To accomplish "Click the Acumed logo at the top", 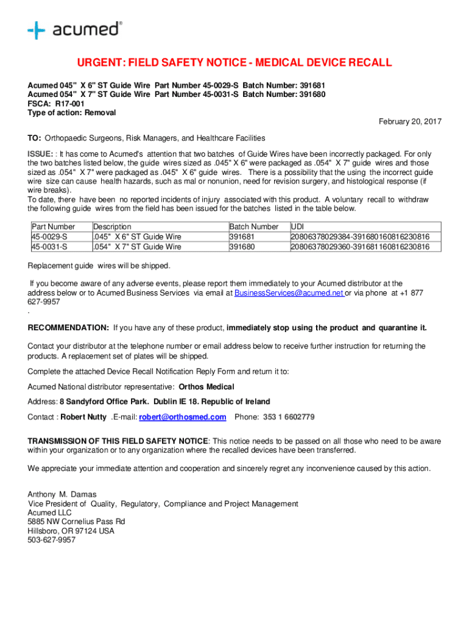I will tap(74, 29).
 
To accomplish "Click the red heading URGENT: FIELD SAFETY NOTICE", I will tap(234, 63).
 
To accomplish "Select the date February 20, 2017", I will tap(410, 122).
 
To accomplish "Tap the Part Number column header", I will tap(54, 227).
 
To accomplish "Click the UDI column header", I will tap(298, 227).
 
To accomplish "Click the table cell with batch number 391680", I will tap(243, 247).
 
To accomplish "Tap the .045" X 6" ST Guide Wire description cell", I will tap(137, 236).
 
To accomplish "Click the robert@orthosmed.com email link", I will tap(183, 417).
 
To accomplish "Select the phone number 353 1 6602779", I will tap(289, 417).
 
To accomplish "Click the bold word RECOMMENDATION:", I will tap(68, 328).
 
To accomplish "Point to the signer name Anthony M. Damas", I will tap(62, 494).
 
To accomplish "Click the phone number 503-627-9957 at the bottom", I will tap(52, 540).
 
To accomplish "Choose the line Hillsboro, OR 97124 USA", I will tap(71, 531).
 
